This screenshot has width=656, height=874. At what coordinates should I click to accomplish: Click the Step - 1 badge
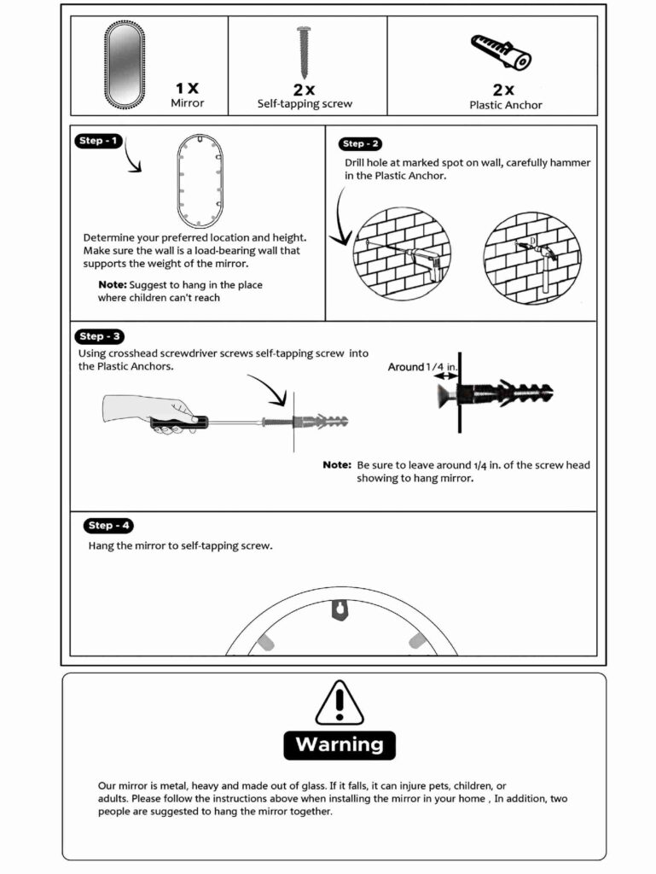pos(99,140)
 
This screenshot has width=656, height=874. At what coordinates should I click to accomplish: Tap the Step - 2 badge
pos(363,144)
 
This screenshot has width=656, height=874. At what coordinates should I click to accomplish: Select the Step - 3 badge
pos(101,336)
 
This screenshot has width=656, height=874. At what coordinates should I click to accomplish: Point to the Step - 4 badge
pos(108,526)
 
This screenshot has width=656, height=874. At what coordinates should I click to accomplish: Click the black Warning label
pos(340,744)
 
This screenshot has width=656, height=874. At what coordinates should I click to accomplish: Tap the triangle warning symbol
pos(340,703)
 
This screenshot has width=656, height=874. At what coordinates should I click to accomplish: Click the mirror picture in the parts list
pos(125,66)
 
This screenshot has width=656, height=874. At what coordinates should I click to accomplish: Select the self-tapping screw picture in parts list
pos(304,52)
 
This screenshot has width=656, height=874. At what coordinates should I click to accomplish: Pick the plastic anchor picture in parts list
pos(502,53)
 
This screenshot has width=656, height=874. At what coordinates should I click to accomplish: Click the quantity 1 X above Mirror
pos(187,88)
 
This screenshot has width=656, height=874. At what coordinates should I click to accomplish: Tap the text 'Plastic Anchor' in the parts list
pos(505,105)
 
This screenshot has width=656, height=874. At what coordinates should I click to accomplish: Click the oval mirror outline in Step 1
pos(200,180)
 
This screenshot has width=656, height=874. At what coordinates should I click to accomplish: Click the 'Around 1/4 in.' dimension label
pos(424,367)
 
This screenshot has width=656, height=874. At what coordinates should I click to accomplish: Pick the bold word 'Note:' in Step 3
pos(336,465)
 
